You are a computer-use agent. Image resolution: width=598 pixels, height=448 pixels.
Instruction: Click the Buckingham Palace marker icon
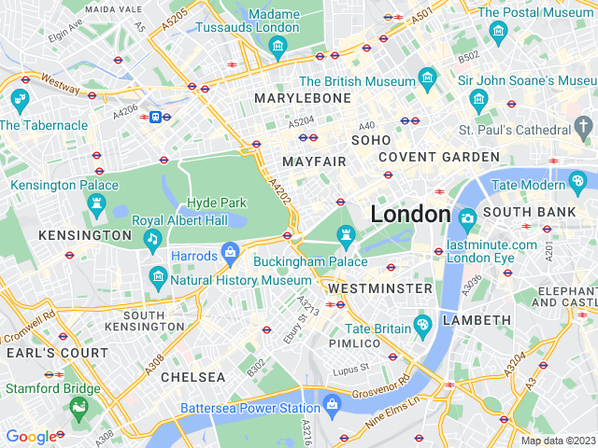[x=346, y=239]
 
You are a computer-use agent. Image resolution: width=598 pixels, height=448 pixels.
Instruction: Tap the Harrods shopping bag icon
[x=230, y=253]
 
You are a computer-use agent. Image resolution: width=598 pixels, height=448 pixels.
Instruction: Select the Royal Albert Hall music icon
[x=152, y=240]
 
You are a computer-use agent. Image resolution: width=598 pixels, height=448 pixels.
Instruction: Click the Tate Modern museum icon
[x=577, y=180]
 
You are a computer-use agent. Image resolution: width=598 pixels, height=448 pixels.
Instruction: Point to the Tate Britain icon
[x=423, y=325]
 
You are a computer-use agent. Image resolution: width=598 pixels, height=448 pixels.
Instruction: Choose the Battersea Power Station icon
[x=331, y=404]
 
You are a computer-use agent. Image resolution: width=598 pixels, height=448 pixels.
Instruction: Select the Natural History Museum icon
[x=157, y=277]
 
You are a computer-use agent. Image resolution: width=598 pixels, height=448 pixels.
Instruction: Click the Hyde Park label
[x=216, y=203]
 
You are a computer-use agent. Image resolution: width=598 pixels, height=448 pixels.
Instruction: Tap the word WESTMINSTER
[x=380, y=289]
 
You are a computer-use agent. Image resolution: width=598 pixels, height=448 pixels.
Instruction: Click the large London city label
[x=410, y=214]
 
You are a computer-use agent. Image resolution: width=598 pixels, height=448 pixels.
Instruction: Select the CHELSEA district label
[x=193, y=377]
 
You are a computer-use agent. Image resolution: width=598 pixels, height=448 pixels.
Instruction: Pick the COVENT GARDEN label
[x=439, y=157]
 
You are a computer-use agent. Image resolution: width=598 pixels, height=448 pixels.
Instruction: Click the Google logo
[x=30, y=436]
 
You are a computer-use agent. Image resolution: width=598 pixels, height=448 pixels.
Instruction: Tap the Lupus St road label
[x=353, y=368]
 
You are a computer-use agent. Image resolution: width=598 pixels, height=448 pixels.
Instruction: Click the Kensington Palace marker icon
[x=98, y=204]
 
